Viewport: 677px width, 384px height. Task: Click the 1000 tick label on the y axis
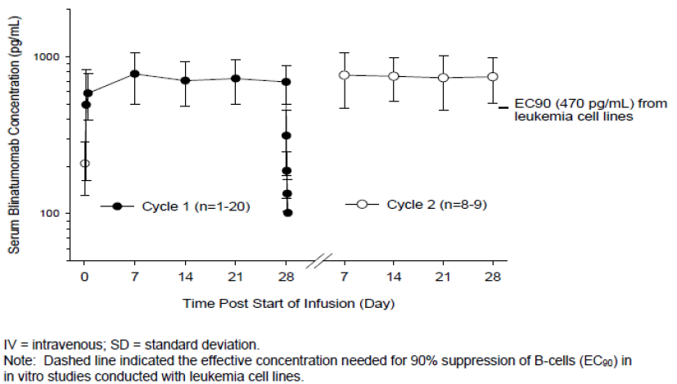(x=52, y=56)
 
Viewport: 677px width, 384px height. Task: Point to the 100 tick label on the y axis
(x=55, y=213)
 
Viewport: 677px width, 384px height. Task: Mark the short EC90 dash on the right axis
(x=503, y=104)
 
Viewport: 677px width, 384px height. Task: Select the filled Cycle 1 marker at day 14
(x=185, y=80)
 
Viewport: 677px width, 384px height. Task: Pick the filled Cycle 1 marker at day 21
(x=236, y=78)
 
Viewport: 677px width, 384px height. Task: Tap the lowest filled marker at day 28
(x=287, y=213)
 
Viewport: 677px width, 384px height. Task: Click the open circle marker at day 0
(x=84, y=164)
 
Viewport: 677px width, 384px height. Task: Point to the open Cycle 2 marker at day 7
(x=345, y=75)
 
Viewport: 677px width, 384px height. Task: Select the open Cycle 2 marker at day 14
(x=394, y=76)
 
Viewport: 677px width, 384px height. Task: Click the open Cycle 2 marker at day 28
(x=493, y=76)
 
